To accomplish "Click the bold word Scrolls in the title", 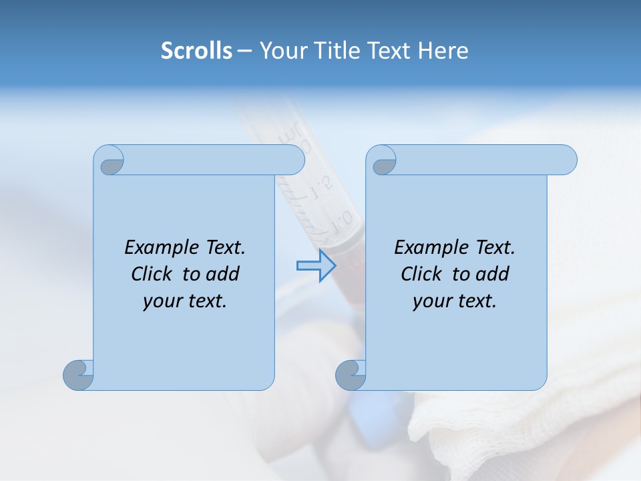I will tap(197, 51).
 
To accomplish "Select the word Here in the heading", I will tap(443, 51).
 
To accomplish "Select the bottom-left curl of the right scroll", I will tap(351, 375).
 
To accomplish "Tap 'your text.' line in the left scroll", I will tap(185, 301).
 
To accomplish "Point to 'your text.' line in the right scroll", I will tap(455, 301).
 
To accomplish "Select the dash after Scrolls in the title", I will tap(244, 51).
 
